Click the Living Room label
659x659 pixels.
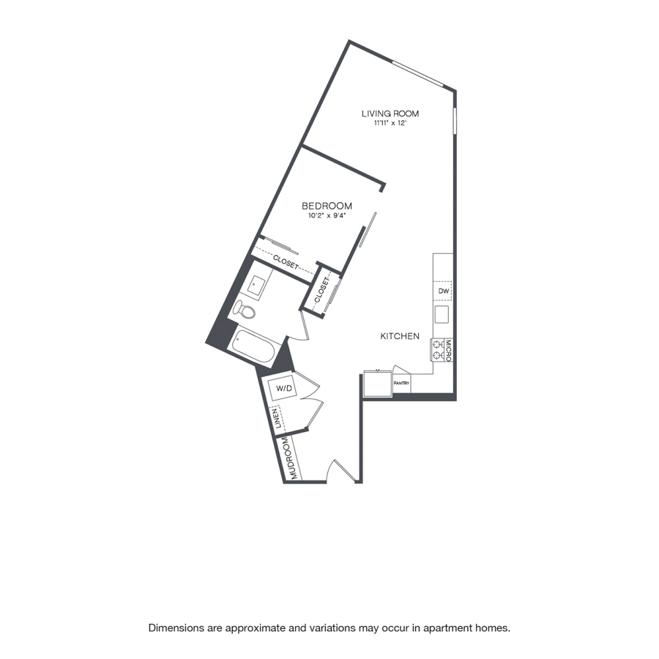click(390, 113)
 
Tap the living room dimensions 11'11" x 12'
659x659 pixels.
click(390, 124)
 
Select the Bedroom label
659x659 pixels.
click(327, 206)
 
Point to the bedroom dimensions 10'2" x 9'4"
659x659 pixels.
click(327, 216)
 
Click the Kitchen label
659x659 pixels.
click(400, 336)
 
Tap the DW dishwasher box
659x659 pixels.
click(444, 291)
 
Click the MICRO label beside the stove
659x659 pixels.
click(448, 351)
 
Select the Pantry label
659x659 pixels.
click(401, 383)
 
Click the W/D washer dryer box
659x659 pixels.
click(283, 388)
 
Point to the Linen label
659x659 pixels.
click(277, 419)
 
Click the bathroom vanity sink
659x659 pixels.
click(256, 286)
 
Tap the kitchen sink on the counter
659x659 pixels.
click(442, 314)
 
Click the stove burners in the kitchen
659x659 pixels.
click(438, 351)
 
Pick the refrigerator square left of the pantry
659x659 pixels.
click(377, 383)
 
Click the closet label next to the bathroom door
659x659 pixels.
click(322, 291)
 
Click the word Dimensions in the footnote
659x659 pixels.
click(175, 628)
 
